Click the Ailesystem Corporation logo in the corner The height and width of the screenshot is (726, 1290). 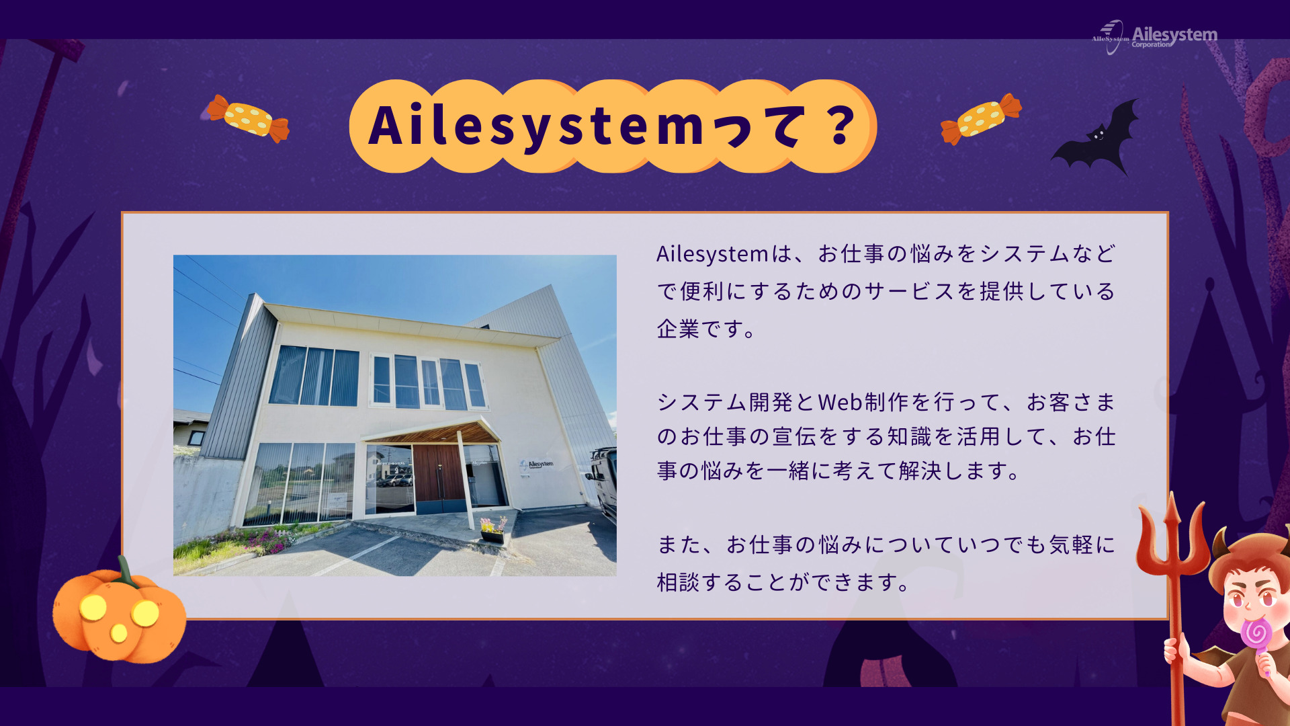(1154, 36)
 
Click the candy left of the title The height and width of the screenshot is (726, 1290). (249, 118)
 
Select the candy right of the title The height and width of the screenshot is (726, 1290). (981, 119)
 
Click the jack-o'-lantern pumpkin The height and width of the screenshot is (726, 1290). (119, 613)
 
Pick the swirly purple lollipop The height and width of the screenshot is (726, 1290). (1256, 635)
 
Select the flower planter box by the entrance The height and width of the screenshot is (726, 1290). (493, 536)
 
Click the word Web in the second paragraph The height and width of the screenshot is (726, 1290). (840, 402)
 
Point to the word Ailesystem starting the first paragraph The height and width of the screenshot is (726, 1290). (712, 254)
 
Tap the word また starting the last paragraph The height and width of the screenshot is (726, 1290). (679, 544)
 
